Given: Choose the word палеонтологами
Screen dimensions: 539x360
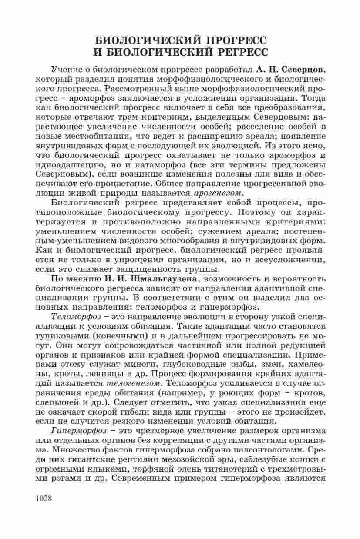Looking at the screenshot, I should pos(273,450).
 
